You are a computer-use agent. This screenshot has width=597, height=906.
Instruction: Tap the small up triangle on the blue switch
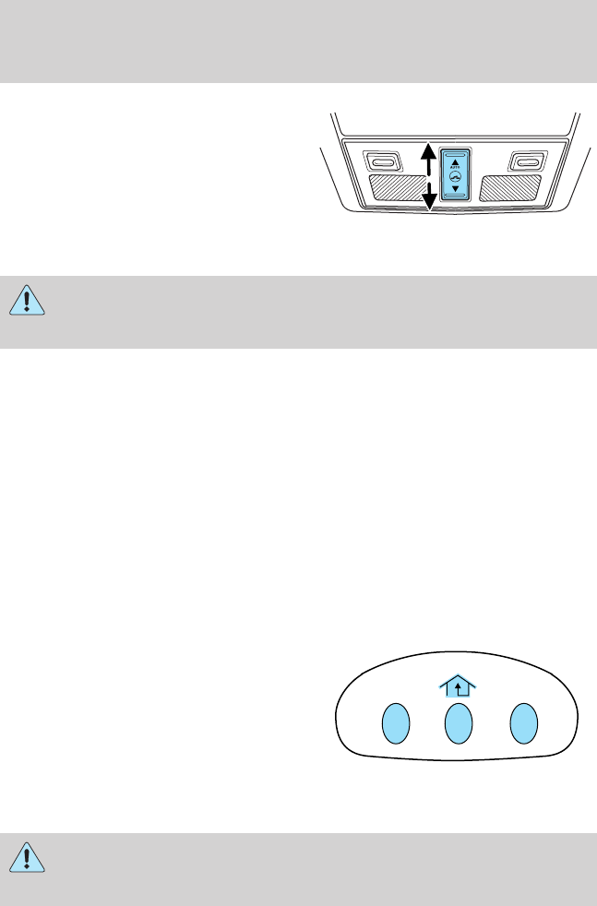coord(455,162)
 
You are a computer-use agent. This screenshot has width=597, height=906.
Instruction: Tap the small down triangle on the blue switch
coord(455,188)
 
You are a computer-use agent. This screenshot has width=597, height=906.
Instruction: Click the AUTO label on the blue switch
coord(455,170)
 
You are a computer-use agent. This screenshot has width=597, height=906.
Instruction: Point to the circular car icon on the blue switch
coord(455,178)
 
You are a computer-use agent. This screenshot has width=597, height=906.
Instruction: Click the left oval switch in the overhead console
coord(381,163)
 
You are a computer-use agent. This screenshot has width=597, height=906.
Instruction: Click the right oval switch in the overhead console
coord(526,163)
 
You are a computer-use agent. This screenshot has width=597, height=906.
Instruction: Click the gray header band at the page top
coord(298,42)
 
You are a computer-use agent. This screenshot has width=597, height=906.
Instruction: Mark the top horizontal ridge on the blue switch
coord(455,153)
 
